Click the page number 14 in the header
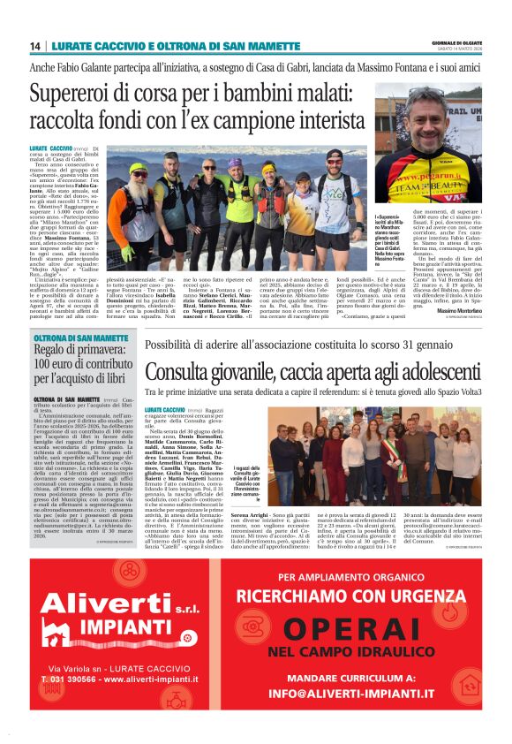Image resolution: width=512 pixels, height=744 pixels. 35,46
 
